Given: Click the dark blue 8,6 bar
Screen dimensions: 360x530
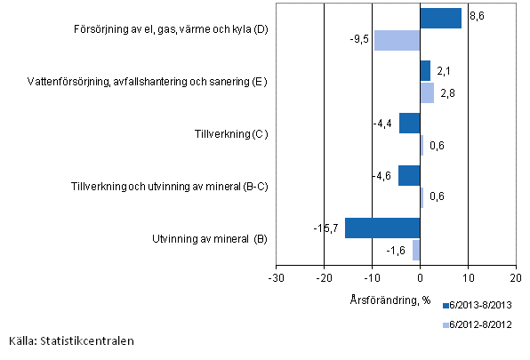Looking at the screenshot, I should click(x=440, y=19).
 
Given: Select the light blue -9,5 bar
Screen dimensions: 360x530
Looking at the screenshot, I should click(x=397, y=40).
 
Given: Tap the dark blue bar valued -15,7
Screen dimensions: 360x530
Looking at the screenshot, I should click(x=382, y=228).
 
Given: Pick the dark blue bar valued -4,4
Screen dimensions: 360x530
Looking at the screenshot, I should click(x=409, y=123).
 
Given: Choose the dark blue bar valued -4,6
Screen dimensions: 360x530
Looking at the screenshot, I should click(x=409, y=175).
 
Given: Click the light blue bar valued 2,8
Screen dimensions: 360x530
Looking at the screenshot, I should click(x=427, y=92).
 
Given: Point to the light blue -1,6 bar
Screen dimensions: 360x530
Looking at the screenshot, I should click(x=415, y=250).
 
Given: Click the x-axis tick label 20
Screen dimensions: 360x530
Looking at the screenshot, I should click(x=517, y=278).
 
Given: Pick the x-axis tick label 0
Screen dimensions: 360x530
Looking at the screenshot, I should click(x=420, y=278).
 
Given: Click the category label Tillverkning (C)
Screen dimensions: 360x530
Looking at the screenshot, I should click(x=231, y=134).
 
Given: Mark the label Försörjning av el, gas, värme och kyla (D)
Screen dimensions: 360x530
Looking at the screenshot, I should click(x=172, y=30).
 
